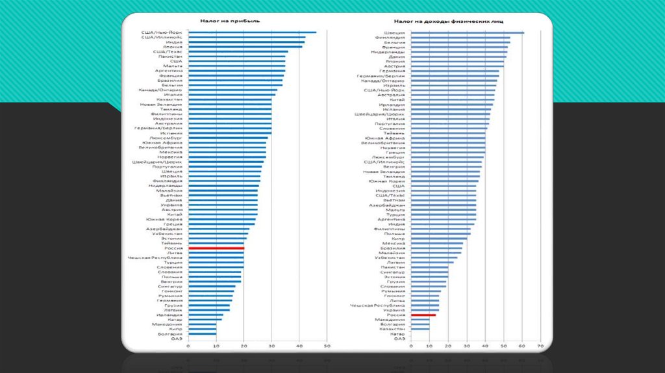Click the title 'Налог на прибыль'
[x=220, y=20]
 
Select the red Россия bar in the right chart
[x=423, y=315]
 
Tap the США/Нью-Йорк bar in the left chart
[x=252, y=32]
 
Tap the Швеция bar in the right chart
[x=467, y=32]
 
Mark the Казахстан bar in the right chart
[x=420, y=329]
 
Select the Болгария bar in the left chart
[x=202, y=334]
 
